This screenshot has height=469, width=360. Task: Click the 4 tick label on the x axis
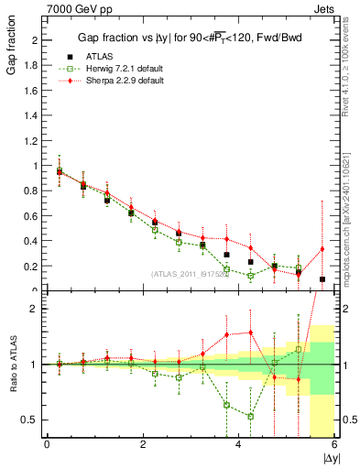[x=238, y=444]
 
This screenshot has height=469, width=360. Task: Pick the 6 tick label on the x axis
[x=334, y=444]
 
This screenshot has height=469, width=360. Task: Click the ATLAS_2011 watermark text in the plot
[x=191, y=273]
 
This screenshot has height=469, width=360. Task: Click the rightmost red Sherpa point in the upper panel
[x=322, y=248]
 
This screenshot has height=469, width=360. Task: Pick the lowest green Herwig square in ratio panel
[x=250, y=416]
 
